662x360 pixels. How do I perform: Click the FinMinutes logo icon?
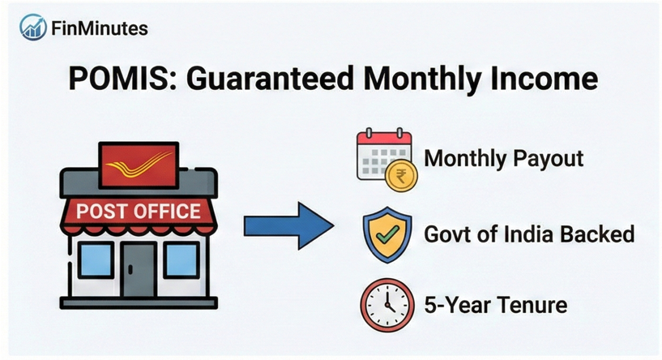point(32,28)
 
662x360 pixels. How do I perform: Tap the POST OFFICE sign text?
point(138,212)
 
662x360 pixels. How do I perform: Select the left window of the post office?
point(95,260)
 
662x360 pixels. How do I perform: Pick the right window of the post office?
point(181,260)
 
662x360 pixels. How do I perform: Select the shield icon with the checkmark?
point(383,234)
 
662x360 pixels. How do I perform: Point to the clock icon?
point(384,306)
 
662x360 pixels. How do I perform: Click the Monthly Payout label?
point(503,158)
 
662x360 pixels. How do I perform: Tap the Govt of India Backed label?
point(529,235)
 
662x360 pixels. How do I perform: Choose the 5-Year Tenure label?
point(495,306)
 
